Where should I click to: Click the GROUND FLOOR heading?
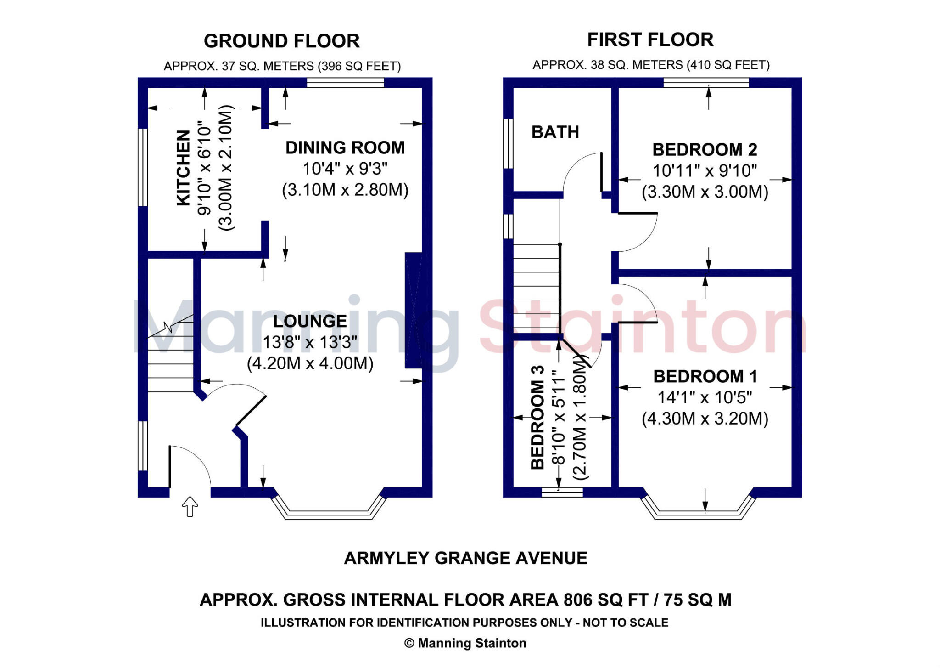[x=281, y=41]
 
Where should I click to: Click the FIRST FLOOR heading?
[x=650, y=40]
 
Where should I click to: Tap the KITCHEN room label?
[x=183, y=168]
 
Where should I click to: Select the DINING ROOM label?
[x=345, y=148]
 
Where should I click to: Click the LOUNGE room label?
[x=310, y=321]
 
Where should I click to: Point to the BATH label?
[x=555, y=132]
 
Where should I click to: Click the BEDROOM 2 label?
[x=705, y=150]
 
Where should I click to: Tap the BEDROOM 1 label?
[x=705, y=377]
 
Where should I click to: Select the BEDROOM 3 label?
[x=537, y=417]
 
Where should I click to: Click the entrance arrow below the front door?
[x=190, y=507]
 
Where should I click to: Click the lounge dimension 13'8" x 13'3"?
[x=310, y=342]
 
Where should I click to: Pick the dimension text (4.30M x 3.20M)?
[x=705, y=419]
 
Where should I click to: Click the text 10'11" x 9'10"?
[x=705, y=171]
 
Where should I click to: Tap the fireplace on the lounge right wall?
[x=413, y=310]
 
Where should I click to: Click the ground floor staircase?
[x=170, y=354]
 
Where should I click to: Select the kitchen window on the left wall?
[x=143, y=167]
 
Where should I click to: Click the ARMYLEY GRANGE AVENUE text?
[x=465, y=558]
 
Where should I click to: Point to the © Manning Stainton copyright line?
[x=465, y=643]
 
